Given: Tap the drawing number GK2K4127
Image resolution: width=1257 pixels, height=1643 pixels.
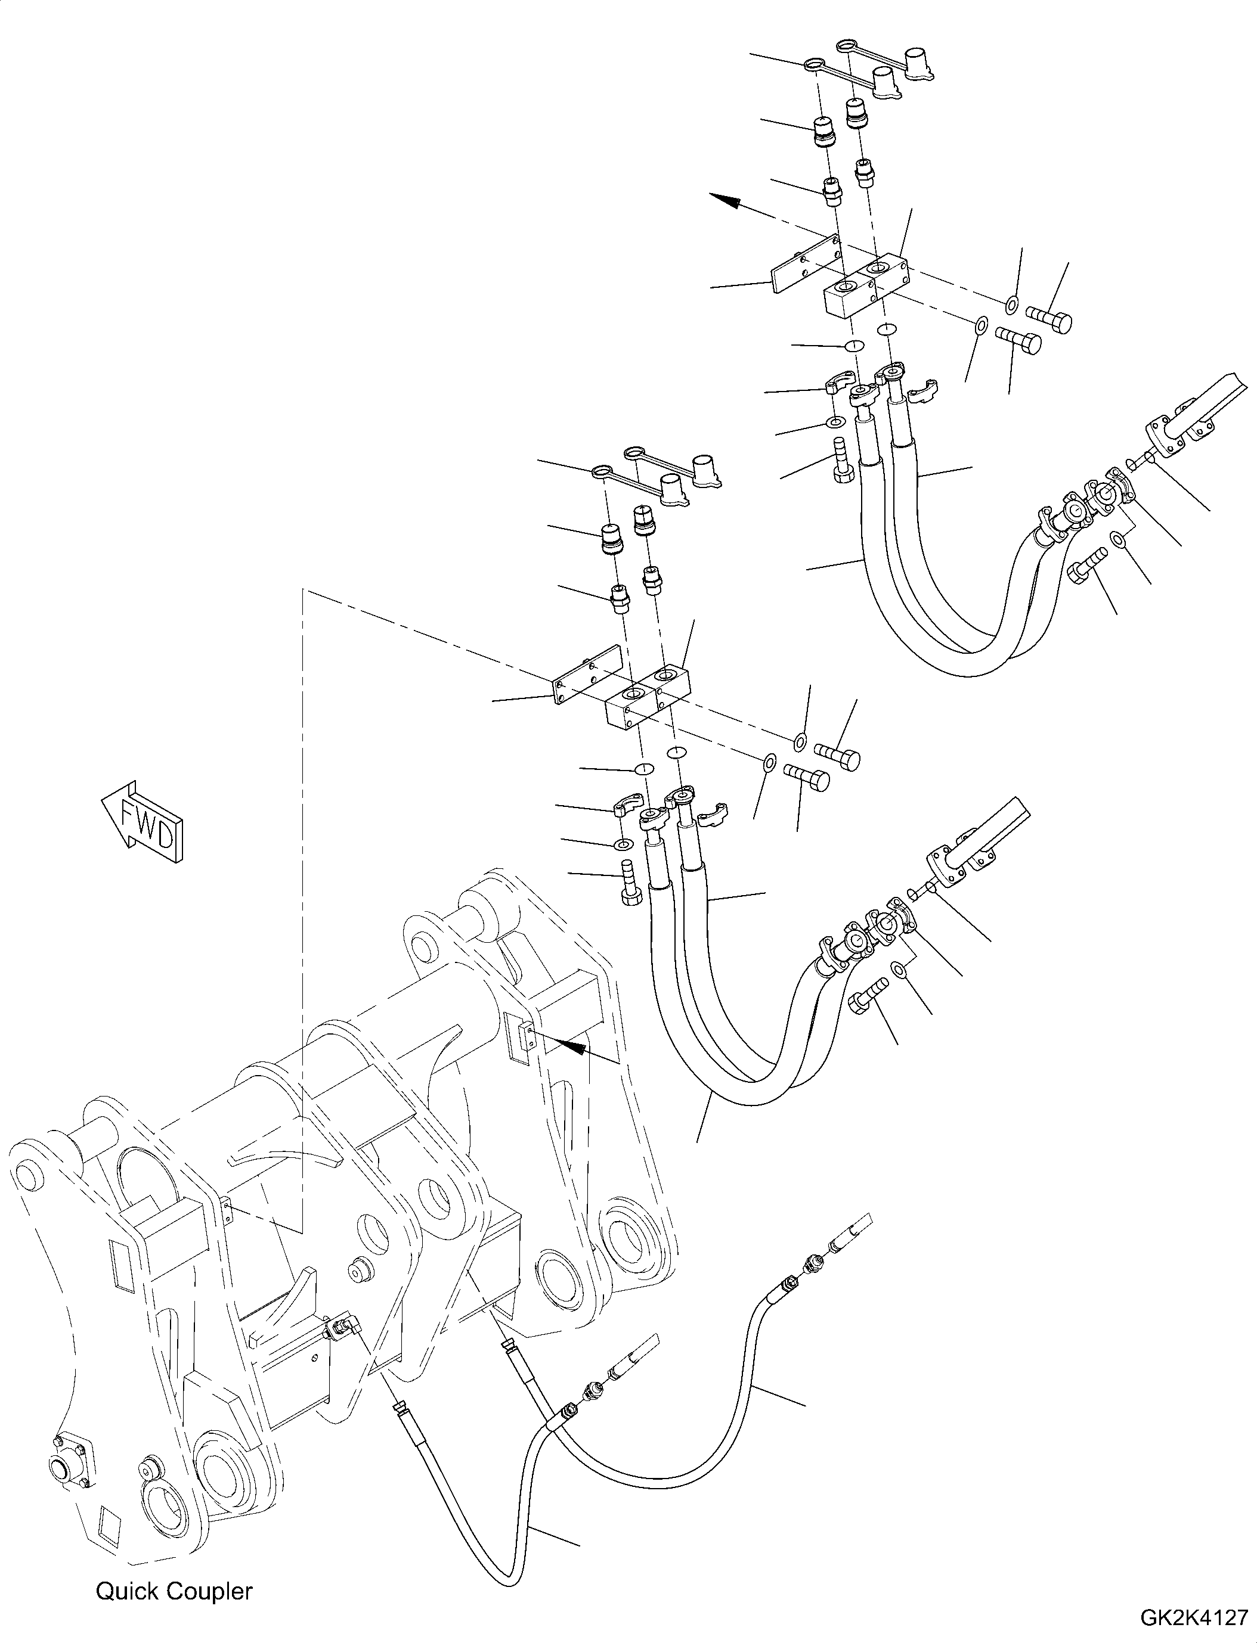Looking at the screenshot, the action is tap(1194, 1619).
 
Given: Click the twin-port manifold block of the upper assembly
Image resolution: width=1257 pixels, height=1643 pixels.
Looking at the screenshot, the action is tap(866, 285).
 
